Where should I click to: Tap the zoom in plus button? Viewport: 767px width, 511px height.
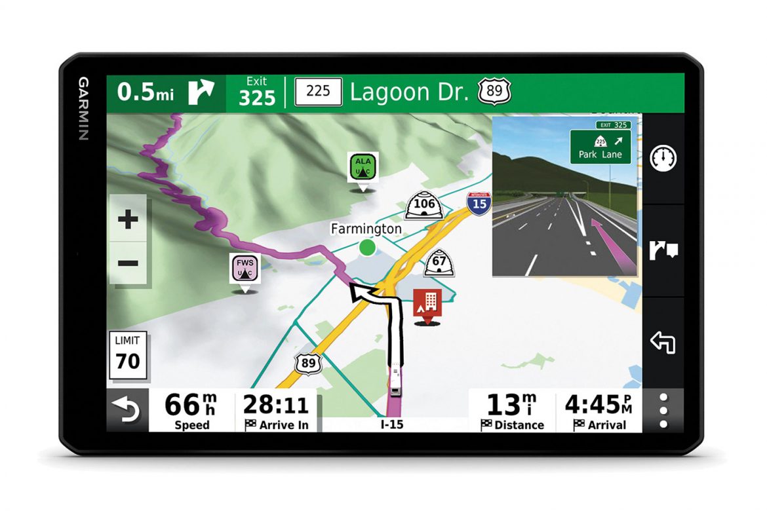coord(128,220)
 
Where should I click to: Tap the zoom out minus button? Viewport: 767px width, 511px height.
coord(128,263)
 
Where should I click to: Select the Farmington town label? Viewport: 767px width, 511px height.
coord(366,229)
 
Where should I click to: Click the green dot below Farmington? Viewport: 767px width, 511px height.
coord(367,248)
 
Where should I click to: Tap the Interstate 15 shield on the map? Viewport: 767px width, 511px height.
coord(479,202)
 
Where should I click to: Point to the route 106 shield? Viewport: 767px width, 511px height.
coord(424,204)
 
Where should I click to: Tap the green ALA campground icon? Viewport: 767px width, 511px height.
coord(363,167)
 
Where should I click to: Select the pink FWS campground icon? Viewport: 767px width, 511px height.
coord(244,269)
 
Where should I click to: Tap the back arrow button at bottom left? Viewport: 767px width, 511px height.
coord(127,410)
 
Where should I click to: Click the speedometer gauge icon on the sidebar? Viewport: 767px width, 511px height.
coord(663,159)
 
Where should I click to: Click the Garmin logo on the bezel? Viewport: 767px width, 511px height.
coord(84,109)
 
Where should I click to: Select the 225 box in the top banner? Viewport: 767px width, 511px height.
coord(318,92)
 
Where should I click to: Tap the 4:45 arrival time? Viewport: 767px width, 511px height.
coord(598,411)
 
